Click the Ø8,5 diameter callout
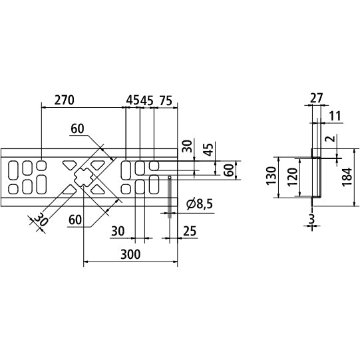point(199,204)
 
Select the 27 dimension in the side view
point(315,97)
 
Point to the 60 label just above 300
point(75,218)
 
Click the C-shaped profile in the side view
point(317,176)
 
